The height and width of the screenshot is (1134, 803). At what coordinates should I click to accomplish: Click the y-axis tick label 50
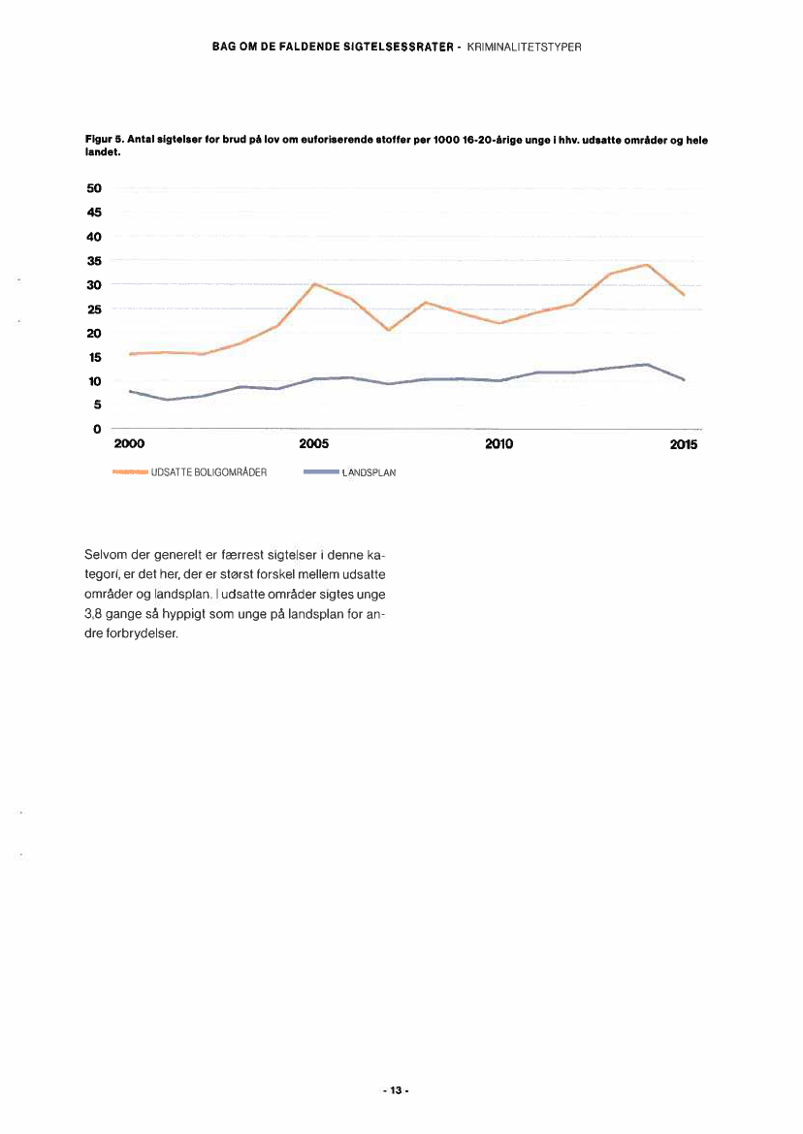(x=95, y=188)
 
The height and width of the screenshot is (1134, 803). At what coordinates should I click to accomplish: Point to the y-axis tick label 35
(x=95, y=261)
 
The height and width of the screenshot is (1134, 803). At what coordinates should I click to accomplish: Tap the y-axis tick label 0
(x=98, y=429)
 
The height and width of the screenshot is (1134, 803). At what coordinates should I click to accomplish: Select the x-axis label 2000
(x=129, y=445)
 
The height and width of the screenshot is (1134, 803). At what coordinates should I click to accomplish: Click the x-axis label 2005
(x=314, y=445)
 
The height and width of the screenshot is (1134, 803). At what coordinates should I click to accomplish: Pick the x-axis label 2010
(x=498, y=445)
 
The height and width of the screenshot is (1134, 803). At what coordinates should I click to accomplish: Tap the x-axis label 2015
(x=683, y=445)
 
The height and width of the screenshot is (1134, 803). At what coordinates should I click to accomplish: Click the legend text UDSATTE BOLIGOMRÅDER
(x=209, y=473)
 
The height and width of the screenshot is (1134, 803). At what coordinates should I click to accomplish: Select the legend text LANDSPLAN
(x=369, y=473)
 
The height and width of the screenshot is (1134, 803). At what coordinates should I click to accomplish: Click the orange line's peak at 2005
(x=315, y=283)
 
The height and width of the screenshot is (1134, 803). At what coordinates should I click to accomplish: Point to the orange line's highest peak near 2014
(x=646, y=265)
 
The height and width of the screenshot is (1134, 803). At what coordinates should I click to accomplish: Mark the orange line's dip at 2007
(x=388, y=331)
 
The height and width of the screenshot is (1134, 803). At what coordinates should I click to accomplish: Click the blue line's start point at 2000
(x=130, y=391)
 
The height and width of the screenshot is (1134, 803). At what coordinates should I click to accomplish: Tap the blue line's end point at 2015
(x=685, y=380)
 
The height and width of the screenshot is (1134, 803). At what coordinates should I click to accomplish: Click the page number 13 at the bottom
(x=396, y=1090)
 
